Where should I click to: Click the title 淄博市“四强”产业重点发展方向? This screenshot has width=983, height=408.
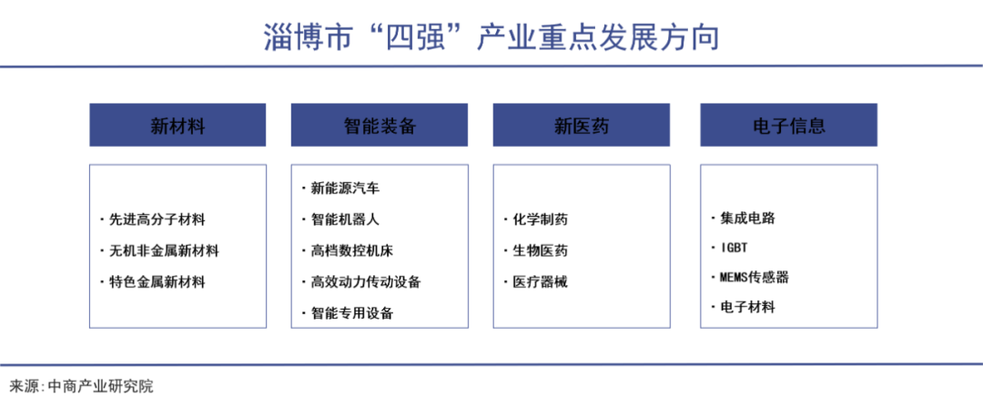pyautogui.click(x=491, y=37)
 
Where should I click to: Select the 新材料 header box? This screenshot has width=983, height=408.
pyautogui.click(x=177, y=126)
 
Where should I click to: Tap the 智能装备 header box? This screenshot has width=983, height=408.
pyautogui.click(x=380, y=126)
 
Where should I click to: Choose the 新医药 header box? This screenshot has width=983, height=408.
pyautogui.click(x=582, y=126)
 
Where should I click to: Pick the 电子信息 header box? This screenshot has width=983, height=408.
pyautogui.click(x=788, y=126)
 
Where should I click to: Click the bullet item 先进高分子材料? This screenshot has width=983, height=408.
pyautogui.click(x=157, y=219)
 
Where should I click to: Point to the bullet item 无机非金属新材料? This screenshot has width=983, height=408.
pyautogui.click(x=164, y=250)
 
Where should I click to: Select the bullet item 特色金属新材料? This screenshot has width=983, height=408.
pyautogui.click(x=157, y=282)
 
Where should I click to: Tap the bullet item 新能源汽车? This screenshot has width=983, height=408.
pyautogui.click(x=345, y=189)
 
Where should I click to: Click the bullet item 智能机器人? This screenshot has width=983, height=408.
pyautogui.click(x=345, y=219)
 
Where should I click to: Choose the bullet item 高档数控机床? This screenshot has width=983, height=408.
pyautogui.click(x=351, y=250)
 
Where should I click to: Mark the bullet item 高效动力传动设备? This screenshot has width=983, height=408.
pyautogui.click(x=365, y=282)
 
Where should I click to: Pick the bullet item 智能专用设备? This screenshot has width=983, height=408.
pyautogui.click(x=351, y=313)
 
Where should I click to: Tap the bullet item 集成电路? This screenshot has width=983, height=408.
pyautogui.click(x=747, y=218)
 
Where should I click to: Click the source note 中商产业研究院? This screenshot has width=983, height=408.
pyautogui.click(x=100, y=386)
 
